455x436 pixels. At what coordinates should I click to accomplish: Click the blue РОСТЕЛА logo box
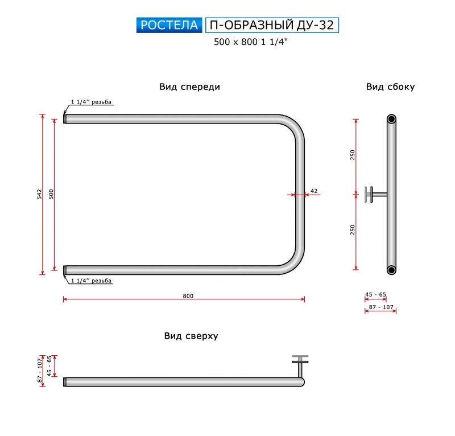[169, 25]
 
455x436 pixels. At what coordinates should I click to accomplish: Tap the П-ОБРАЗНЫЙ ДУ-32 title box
[272, 25]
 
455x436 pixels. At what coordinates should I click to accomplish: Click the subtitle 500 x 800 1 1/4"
[251, 42]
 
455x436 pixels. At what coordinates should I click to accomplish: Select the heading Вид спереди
[189, 87]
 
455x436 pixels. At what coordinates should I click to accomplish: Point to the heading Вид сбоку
[390, 87]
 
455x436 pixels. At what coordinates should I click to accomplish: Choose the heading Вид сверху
[191, 336]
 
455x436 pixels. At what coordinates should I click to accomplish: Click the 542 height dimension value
[39, 194]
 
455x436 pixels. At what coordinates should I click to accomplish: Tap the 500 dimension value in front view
[51, 194]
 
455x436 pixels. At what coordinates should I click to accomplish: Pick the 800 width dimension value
[188, 296]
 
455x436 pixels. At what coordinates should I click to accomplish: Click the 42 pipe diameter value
[314, 191]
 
